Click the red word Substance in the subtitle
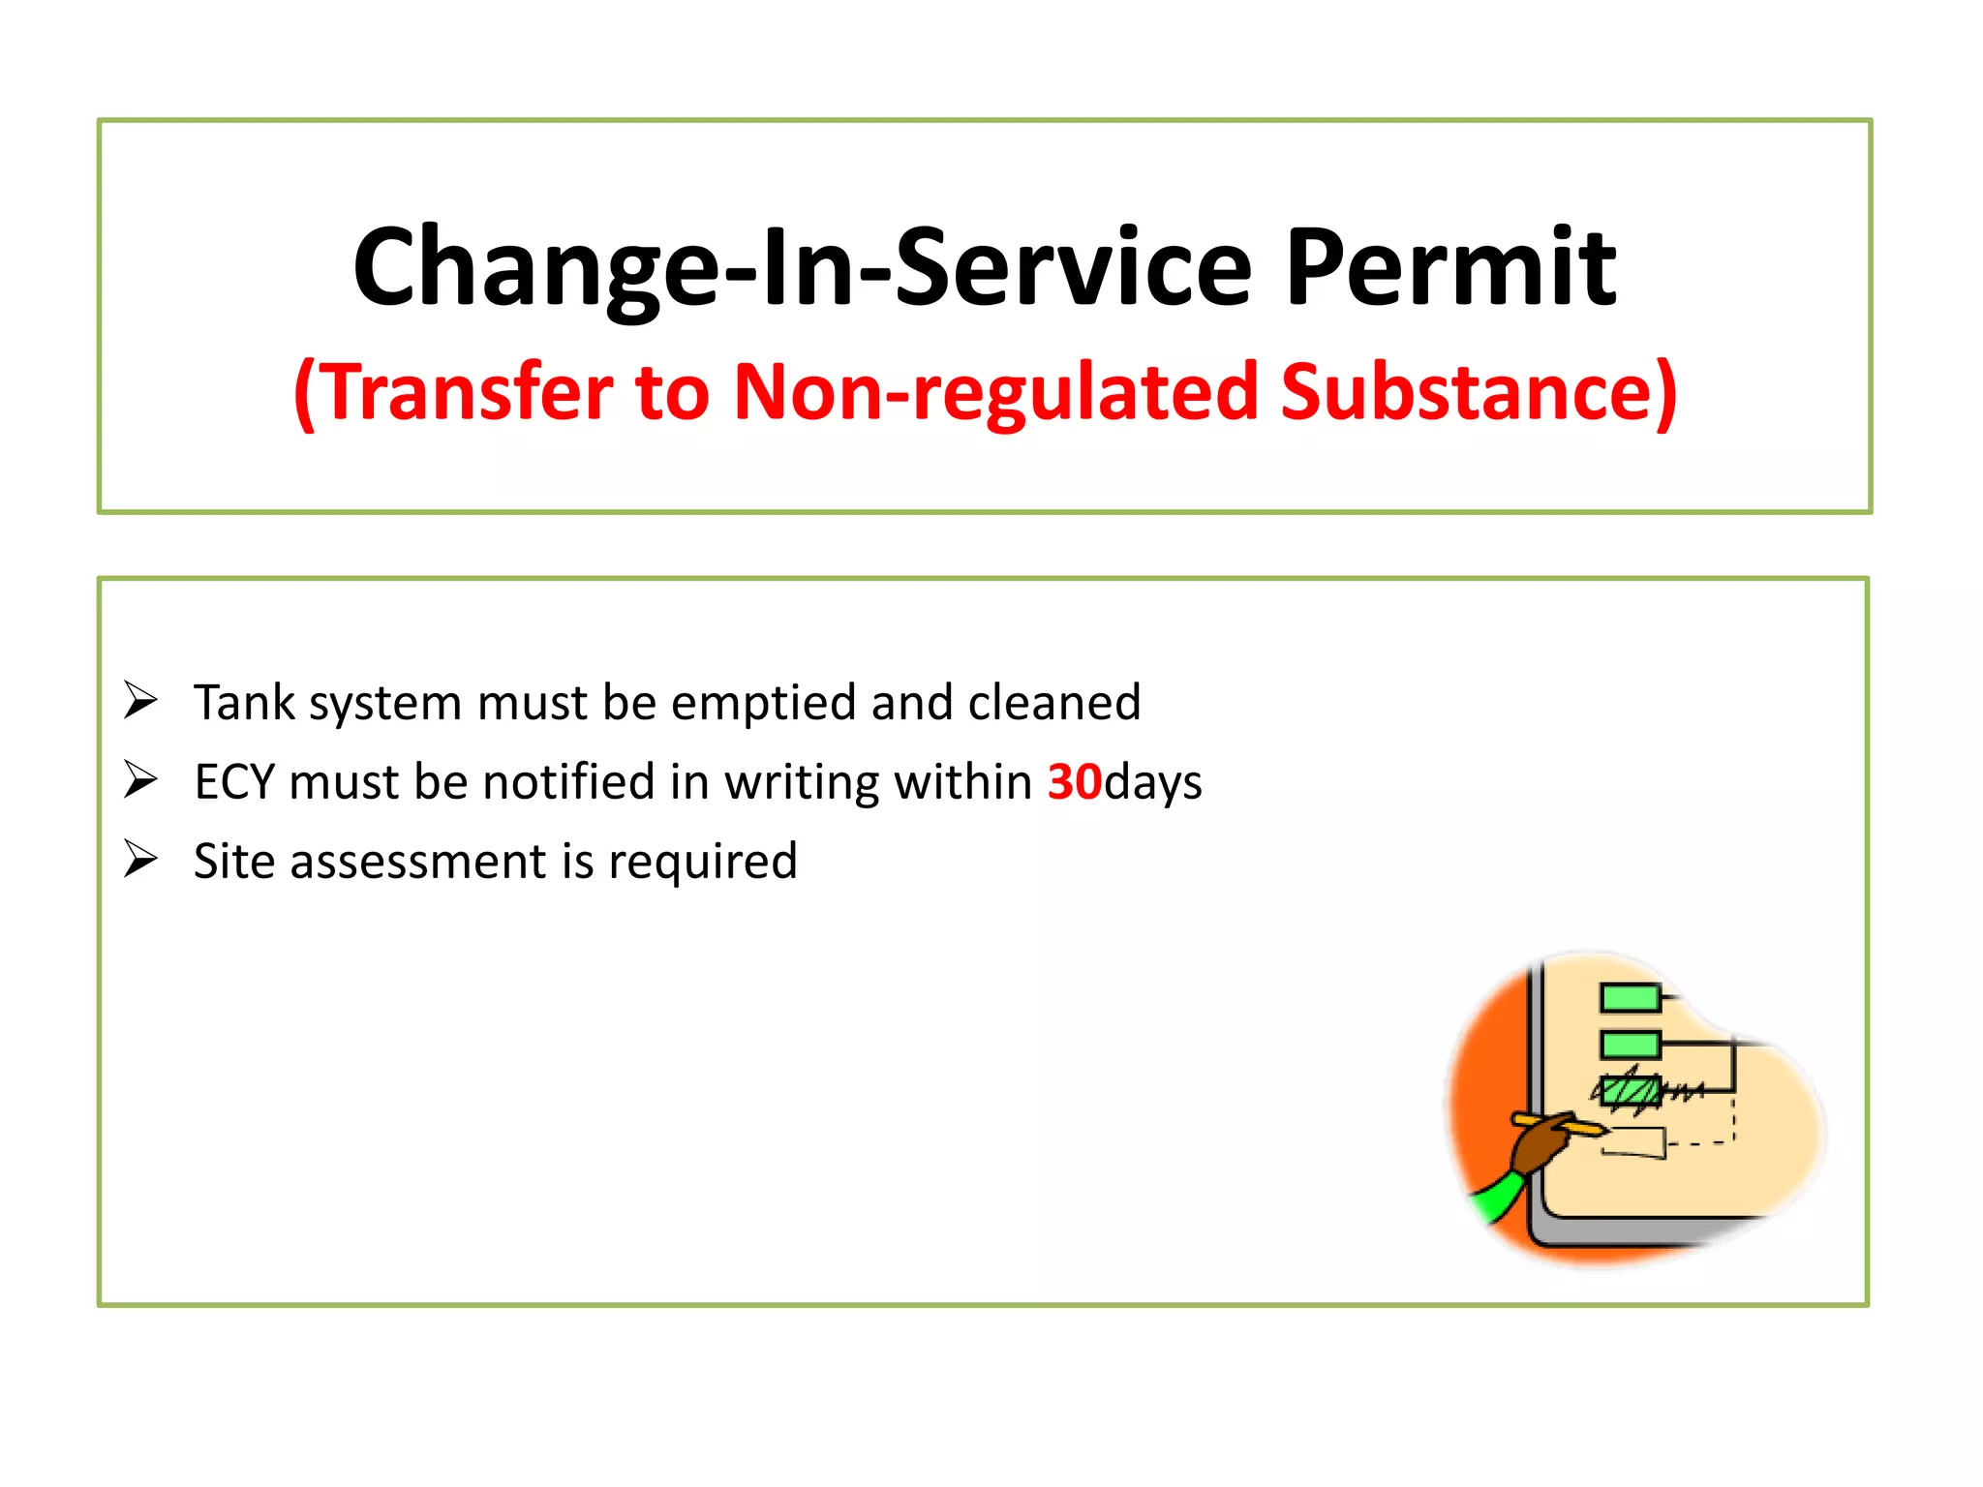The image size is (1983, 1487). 1478,392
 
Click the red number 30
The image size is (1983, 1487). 1074,781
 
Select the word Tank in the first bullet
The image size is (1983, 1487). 244,702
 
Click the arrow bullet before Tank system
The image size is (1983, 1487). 140,700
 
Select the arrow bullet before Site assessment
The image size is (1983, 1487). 140,859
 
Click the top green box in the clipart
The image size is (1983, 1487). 1630,997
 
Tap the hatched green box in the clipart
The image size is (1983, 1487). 1631,1091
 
